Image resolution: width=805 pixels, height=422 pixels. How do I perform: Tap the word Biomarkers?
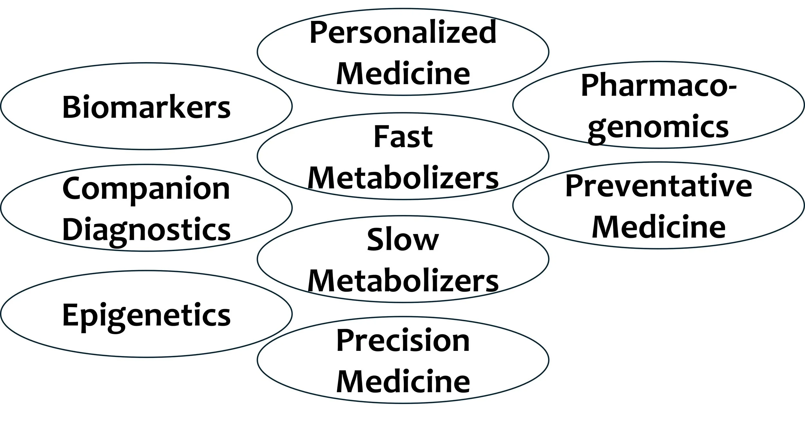click(x=147, y=107)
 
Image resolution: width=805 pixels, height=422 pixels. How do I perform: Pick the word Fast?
click(x=403, y=137)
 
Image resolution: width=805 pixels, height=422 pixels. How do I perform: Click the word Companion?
click(x=146, y=189)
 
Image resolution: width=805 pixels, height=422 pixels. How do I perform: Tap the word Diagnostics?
click(x=147, y=230)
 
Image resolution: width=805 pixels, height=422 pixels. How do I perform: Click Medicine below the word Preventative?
click(x=659, y=227)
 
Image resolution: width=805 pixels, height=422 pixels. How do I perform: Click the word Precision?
click(x=403, y=341)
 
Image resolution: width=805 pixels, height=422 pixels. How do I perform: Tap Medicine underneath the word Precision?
click(x=403, y=381)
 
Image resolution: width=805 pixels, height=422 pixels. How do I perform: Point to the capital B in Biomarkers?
click(x=71, y=107)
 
